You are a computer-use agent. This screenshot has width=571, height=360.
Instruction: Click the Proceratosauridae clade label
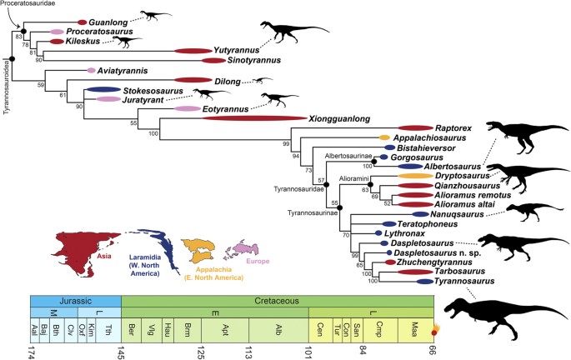[31, 4]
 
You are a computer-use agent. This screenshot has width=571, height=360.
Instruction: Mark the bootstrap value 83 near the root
[18, 37]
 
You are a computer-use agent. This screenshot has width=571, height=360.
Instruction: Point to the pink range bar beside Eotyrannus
[188, 109]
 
